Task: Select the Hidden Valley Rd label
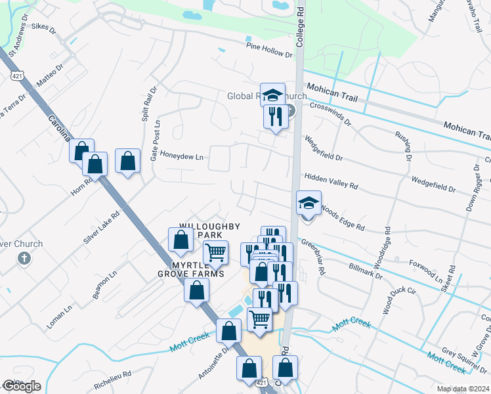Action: click(331, 182)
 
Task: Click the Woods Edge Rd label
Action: click(342, 219)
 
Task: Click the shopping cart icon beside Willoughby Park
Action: click(215, 252)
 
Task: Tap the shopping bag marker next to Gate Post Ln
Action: click(127, 162)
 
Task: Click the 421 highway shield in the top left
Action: click(17, 76)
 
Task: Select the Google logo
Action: click(22, 386)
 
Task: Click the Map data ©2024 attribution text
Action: click(463, 389)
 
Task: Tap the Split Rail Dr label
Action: click(146, 104)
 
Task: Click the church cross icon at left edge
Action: click(24, 258)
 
